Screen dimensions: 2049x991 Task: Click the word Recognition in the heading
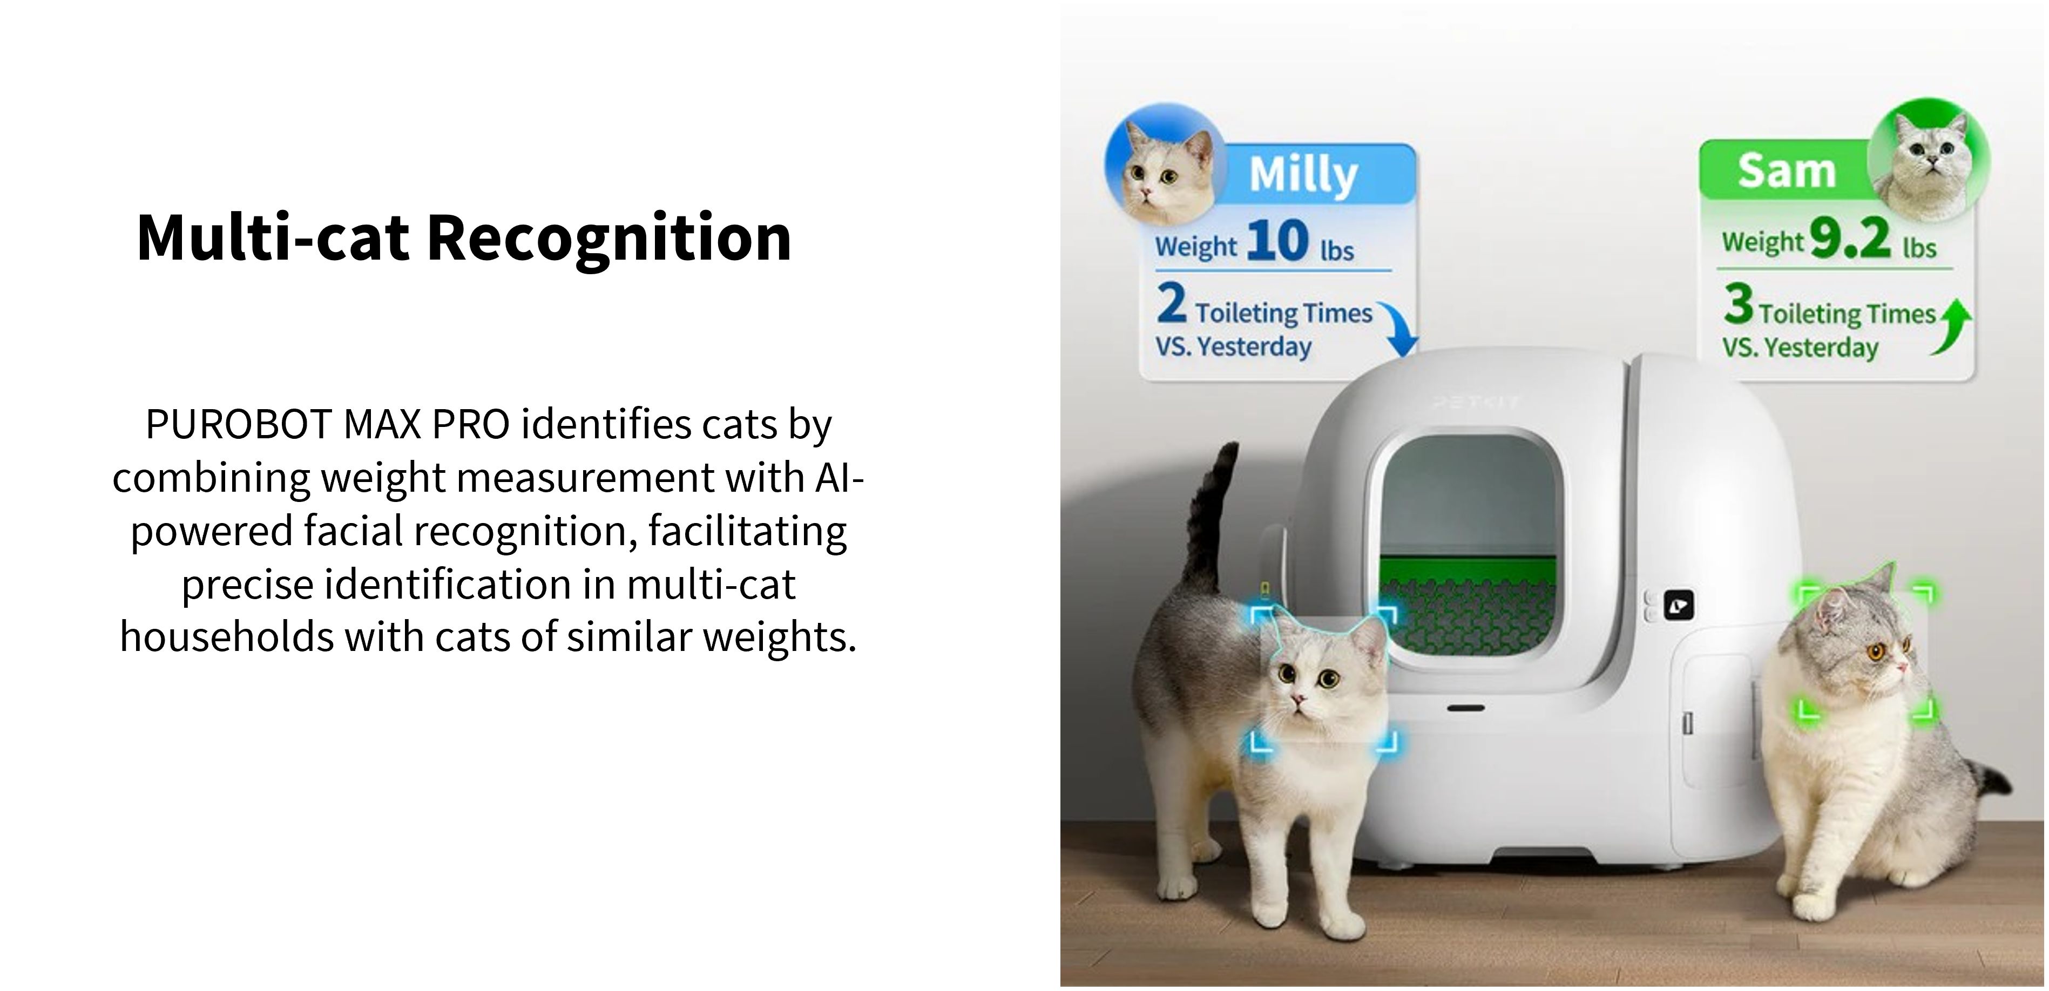click(x=609, y=238)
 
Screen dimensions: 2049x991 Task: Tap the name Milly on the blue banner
click(x=1303, y=175)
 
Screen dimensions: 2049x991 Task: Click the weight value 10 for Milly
click(x=1277, y=240)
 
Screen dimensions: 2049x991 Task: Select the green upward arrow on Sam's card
click(x=1955, y=326)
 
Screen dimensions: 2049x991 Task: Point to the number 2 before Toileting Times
click(x=1172, y=304)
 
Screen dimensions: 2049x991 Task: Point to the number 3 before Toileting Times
click(x=1739, y=304)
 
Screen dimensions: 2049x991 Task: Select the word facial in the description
click(x=354, y=531)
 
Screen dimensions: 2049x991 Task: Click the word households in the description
click(x=227, y=637)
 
